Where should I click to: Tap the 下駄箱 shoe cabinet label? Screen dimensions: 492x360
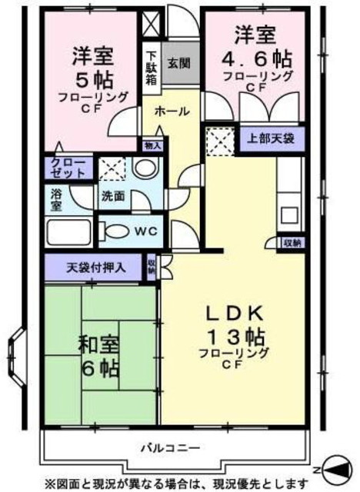(152, 67)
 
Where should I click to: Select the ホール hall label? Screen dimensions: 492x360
(172, 111)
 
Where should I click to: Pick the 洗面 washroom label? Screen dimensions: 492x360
(112, 195)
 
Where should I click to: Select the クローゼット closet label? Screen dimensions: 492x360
(68, 168)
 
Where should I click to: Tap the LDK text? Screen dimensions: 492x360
(235, 314)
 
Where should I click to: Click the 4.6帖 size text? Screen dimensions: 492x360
(258, 58)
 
